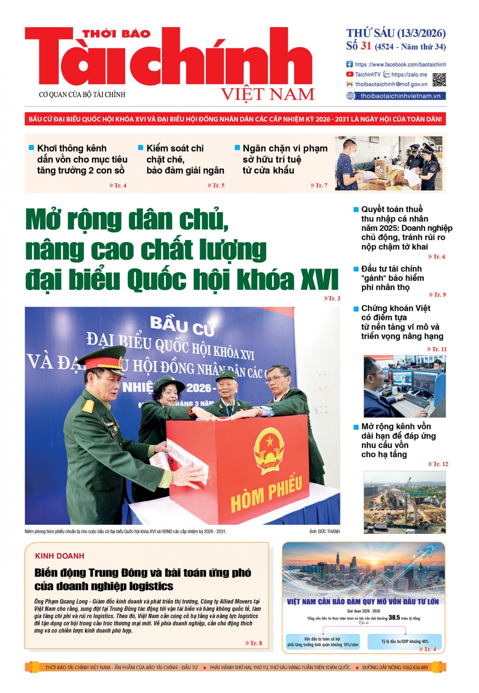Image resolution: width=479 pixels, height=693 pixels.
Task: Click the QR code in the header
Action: tap(439, 80)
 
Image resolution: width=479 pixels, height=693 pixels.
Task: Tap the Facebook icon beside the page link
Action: tap(350, 64)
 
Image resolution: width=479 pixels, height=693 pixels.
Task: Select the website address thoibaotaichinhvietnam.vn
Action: tap(400, 96)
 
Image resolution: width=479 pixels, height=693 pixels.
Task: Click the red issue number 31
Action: tap(366, 46)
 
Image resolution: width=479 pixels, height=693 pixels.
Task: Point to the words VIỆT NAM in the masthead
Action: tap(268, 94)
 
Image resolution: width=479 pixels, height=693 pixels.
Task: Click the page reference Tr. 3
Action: tap(332, 298)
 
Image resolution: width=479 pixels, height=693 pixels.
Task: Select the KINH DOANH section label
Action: tap(60, 556)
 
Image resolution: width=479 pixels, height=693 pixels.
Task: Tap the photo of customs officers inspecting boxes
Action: tap(388, 163)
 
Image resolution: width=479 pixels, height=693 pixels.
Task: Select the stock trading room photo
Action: tap(405, 386)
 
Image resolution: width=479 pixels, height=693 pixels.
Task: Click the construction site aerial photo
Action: tap(405, 502)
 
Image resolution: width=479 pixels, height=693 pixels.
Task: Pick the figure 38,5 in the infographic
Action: tap(394, 617)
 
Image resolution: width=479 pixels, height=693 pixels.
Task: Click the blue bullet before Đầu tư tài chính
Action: tap(356, 269)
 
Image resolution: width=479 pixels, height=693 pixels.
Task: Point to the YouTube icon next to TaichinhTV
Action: tap(350, 74)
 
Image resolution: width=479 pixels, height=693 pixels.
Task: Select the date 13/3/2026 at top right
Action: tap(421, 34)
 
